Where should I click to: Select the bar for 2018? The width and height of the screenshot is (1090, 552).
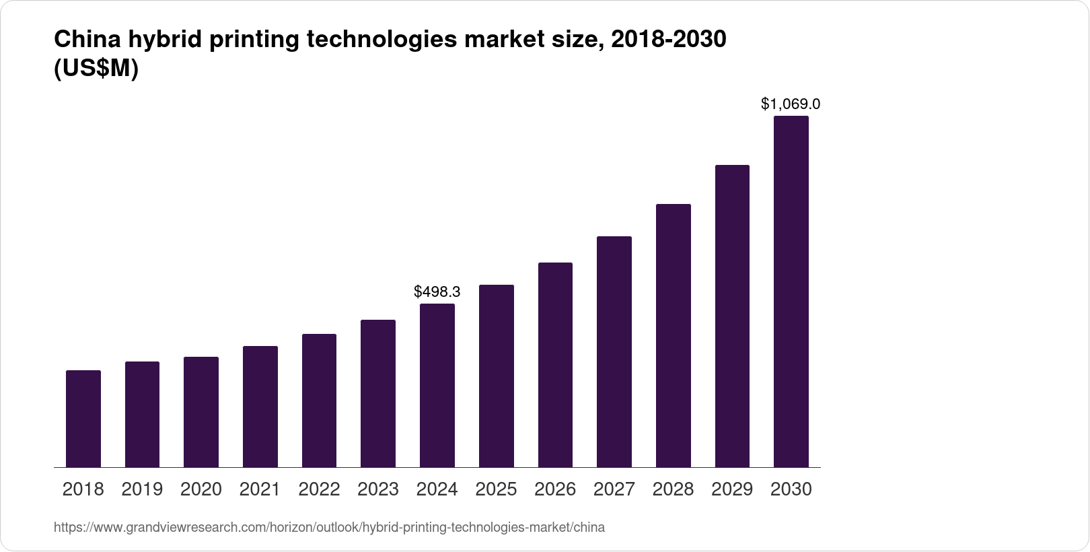pyautogui.click(x=83, y=419)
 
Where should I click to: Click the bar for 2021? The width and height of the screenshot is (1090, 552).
pyautogui.click(x=260, y=407)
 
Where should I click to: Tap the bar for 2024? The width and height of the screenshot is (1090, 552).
pyautogui.click(x=437, y=385)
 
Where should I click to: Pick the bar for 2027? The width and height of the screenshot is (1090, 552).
pyautogui.click(x=614, y=351)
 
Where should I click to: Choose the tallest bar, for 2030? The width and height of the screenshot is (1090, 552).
pyautogui.click(x=791, y=291)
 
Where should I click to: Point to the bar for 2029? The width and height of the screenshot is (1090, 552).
pyautogui.click(x=732, y=316)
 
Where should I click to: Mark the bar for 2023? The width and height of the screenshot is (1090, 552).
pyautogui.click(x=378, y=393)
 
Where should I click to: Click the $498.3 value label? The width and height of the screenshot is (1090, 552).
pyautogui.click(x=437, y=291)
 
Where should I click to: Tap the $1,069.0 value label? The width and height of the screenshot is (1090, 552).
pyautogui.click(x=791, y=104)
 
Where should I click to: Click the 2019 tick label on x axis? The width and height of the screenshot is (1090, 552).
pyautogui.click(x=142, y=489)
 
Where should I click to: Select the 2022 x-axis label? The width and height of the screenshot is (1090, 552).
pyautogui.click(x=319, y=489)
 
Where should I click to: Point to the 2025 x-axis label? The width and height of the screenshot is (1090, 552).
pyautogui.click(x=496, y=489)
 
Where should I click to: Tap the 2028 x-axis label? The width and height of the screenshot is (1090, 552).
pyautogui.click(x=673, y=489)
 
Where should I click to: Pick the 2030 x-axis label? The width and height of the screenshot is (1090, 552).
pyautogui.click(x=791, y=489)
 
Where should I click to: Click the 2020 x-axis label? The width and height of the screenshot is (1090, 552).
pyautogui.click(x=201, y=489)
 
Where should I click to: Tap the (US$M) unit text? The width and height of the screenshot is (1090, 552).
pyautogui.click(x=96, y=69)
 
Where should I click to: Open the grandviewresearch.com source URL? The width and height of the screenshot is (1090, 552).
pyautogui.click(x=329, y=528)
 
